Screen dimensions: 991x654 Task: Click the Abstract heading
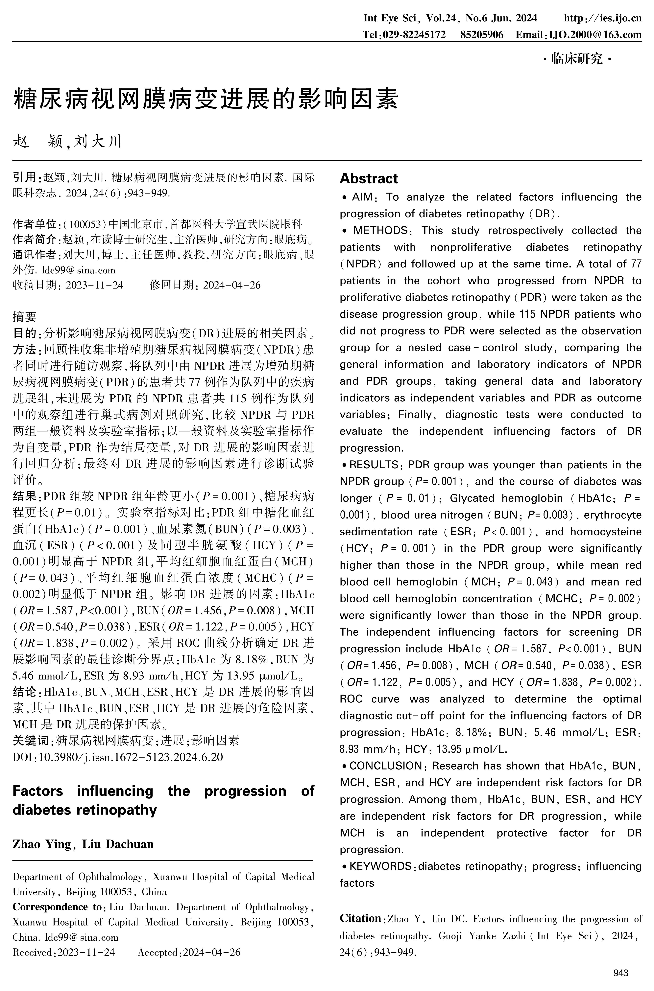[369, 178]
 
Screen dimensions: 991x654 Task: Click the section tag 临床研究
[577, 59]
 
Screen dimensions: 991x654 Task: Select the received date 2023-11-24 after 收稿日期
[95, 285]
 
